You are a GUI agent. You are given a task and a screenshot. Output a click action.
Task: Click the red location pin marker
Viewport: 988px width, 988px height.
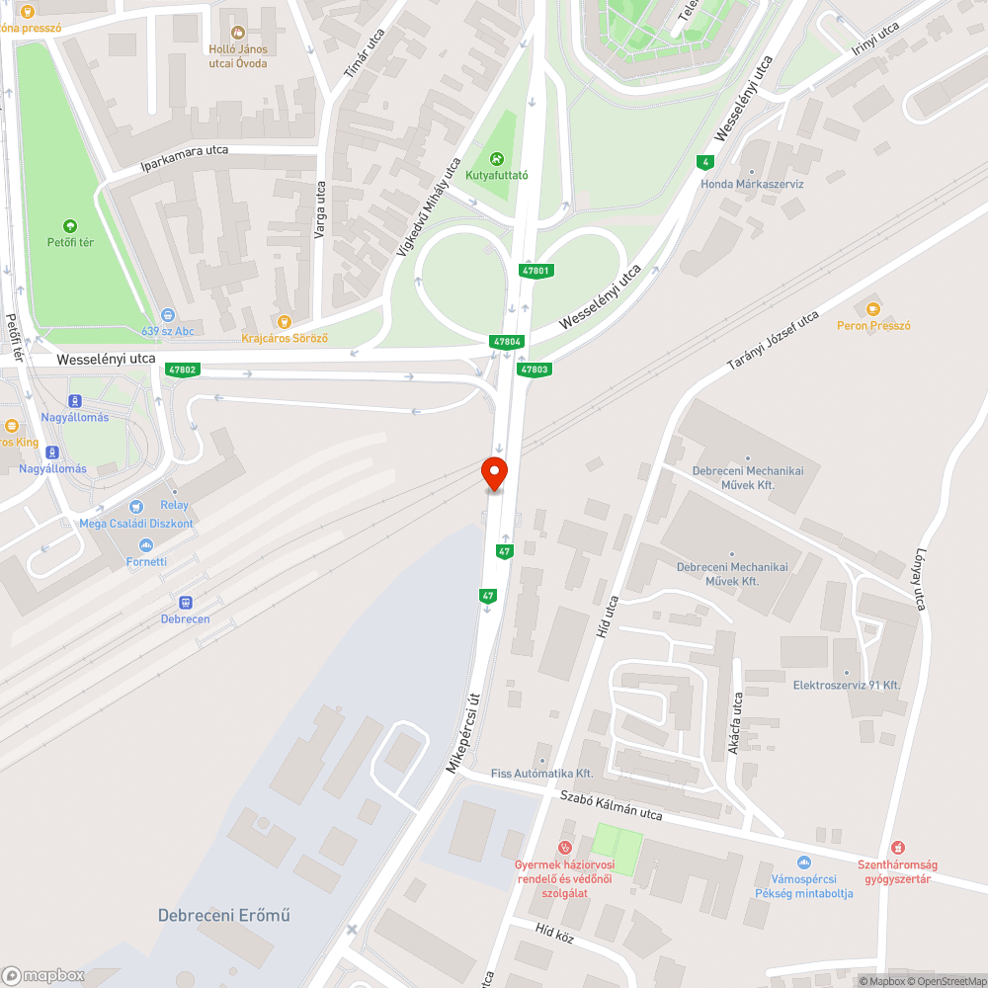pyautogui.click(x=493, y=473)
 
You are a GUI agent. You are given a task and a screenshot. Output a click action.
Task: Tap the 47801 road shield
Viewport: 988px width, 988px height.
pyautogui.click(x=535, y=271)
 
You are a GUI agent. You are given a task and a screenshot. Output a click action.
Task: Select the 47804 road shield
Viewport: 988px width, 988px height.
pyautogui.click(x=506, y=342)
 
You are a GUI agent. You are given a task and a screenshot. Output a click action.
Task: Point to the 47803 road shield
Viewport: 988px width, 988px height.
pyautogui.click(x=534, y=370)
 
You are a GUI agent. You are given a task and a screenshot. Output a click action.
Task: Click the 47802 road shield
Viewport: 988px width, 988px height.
pyautogui.click(x=183, y=370)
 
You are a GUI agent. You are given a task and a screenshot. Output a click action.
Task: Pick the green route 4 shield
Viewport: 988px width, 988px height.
pyautogui.click(x=704, y=162)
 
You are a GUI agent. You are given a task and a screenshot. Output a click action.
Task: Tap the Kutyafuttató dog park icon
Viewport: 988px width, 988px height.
pyautogui.click(x=497, y=158)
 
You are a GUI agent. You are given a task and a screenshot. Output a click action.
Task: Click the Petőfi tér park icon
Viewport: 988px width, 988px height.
pyautogui.click(x=68, y=225)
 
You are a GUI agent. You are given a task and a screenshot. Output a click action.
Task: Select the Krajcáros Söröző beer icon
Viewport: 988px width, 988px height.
pyautogui.click(x=285, y=321)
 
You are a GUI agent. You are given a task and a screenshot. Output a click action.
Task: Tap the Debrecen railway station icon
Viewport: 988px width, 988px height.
pyautogui.click(x=185, y=602)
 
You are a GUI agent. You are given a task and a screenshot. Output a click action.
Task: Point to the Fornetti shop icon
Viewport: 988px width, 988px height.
pyautogui.click(x=146, y=545)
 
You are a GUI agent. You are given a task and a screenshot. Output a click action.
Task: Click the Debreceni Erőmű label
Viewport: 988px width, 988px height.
pyautogui.click(x=224, y=915)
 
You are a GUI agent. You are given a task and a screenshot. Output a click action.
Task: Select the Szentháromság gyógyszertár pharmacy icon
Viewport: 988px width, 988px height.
pyautogui.click(x=898, y=848)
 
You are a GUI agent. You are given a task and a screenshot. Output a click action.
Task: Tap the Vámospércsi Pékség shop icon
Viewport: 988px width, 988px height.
pyautogui.click(x=803, y=863)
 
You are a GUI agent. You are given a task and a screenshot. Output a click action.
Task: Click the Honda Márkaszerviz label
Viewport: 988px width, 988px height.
pyautogui.click(x=752, y=184)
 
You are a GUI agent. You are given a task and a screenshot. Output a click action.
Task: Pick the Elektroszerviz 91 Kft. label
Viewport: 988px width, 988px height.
pyautogui.click(x=847, y=685)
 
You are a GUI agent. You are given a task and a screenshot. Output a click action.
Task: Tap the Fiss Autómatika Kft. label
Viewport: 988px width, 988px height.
pyautogui.click(x=541, y=773)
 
